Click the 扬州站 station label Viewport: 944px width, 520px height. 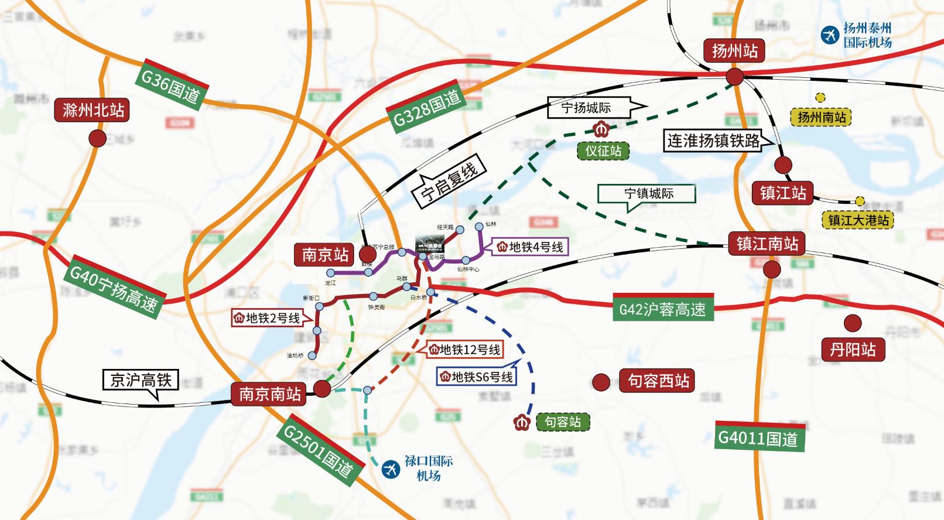[734, 51]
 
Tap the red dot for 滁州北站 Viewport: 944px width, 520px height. [97, 138]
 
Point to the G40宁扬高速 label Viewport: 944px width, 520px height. [114, 288]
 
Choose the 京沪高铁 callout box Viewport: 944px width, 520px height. [141, 380]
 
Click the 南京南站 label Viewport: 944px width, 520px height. [269, 394]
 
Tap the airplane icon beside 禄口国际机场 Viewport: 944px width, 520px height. [390, 468]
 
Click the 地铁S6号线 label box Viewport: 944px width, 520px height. [477, 377]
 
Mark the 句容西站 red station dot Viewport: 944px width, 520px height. [601, 382]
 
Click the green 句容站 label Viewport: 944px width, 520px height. [562, 422]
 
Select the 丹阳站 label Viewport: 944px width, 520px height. [853, 350]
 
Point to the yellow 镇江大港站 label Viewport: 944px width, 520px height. [858, 220]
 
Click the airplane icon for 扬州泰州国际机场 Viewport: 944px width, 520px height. [829, 35]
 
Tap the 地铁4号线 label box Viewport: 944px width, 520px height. [530, 247]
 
